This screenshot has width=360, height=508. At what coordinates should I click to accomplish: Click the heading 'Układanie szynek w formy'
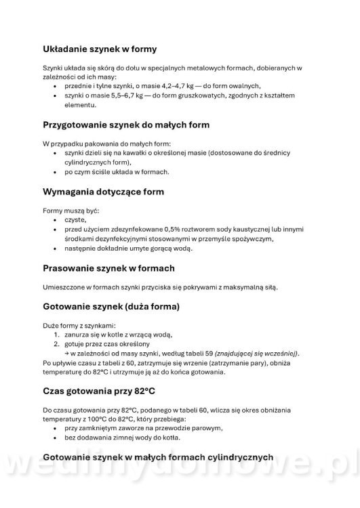coord(100,49)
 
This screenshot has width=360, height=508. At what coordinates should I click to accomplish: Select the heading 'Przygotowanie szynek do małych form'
coord(126,125)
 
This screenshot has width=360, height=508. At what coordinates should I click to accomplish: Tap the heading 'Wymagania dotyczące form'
coord(103,192)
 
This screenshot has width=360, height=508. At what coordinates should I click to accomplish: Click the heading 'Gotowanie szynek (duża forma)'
coord(111,306)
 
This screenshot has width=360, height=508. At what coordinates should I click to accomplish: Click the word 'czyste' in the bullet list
coord(75,220)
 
